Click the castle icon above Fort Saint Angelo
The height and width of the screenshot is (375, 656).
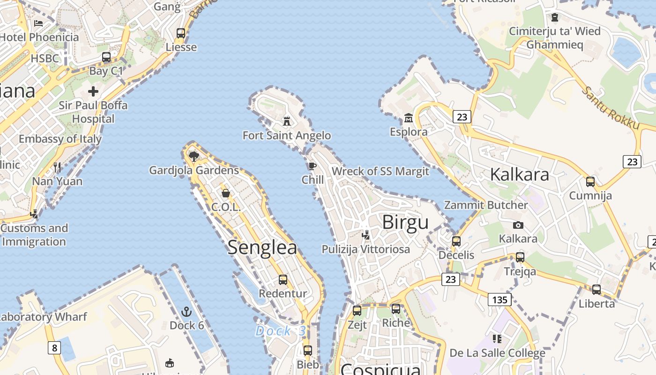287,121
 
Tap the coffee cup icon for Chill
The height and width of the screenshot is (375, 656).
313,166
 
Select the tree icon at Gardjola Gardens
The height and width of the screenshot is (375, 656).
194,156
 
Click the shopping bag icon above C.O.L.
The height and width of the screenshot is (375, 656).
226,193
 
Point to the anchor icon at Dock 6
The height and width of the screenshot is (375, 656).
186,312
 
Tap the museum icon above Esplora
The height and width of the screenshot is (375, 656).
408,118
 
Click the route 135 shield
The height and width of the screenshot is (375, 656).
499,299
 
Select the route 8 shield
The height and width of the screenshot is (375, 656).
55,348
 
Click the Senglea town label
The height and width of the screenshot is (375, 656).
262,247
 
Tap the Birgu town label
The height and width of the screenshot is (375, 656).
405,223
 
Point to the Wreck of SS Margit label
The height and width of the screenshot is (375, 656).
380,171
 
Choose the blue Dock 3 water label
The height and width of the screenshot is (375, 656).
280,331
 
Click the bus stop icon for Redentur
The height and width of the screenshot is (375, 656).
283,280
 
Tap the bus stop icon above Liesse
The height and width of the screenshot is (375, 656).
181,33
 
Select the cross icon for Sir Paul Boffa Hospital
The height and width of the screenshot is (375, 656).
93,91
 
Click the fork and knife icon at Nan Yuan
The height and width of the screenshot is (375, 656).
57,167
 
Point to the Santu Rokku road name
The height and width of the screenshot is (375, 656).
611,108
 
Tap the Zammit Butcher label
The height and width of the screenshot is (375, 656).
486,205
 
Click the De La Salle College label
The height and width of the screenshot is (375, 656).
497,352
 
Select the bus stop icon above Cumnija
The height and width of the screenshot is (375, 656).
590,181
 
